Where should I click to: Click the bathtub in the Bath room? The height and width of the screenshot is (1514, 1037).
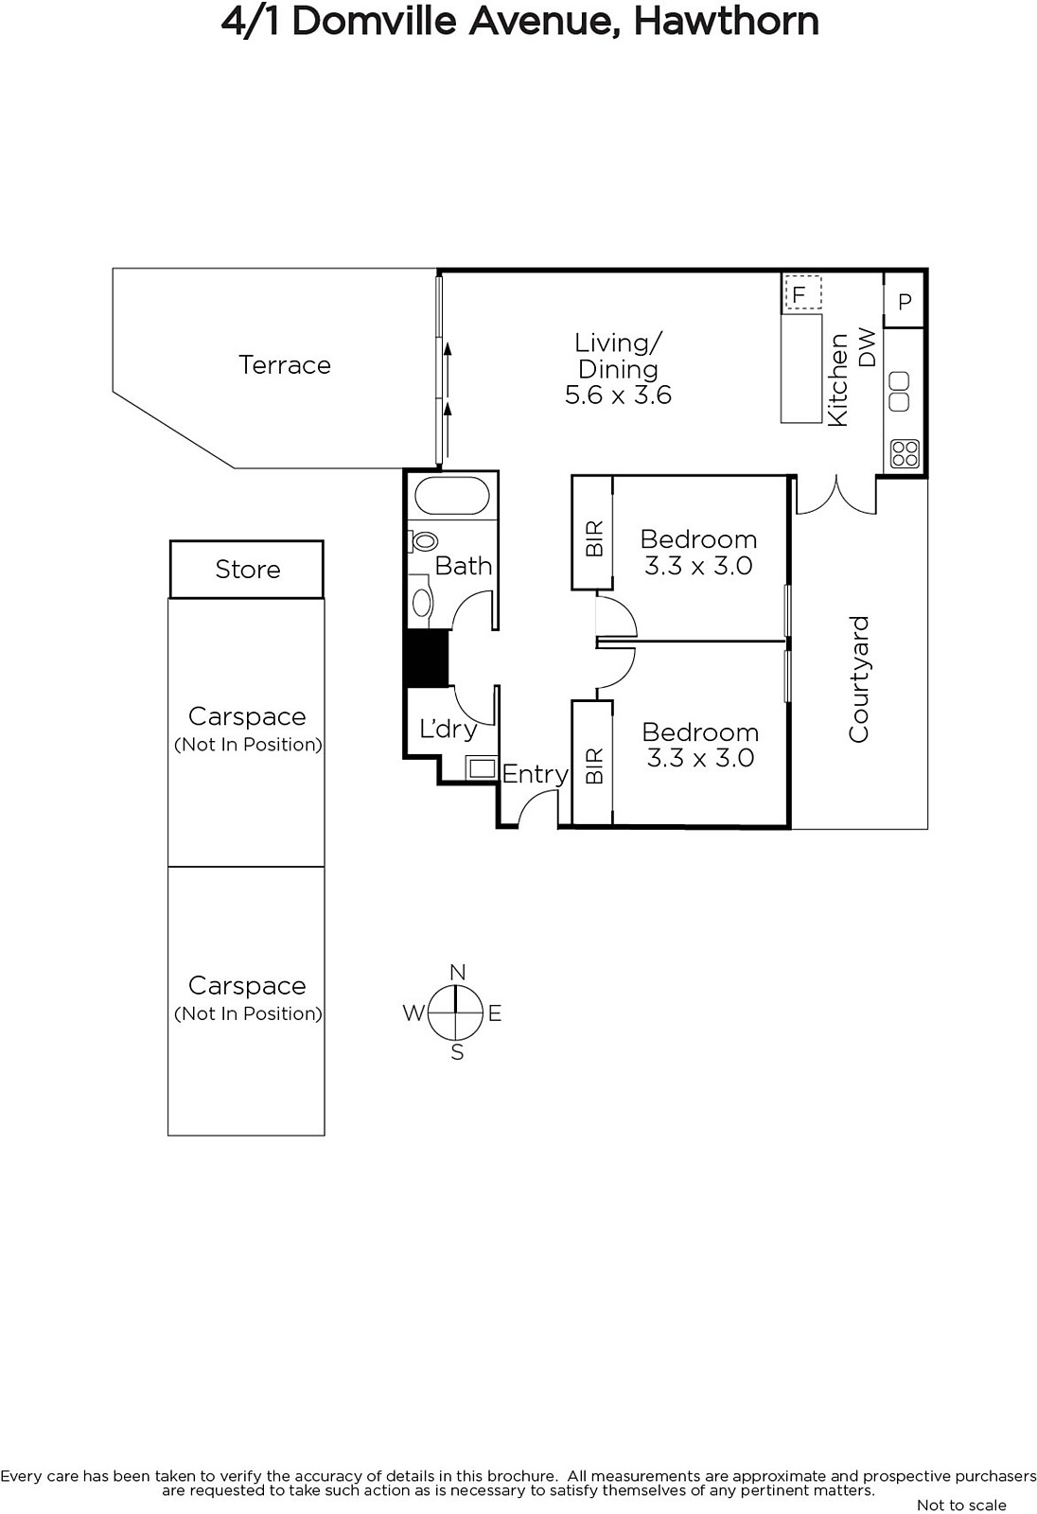point(451,496)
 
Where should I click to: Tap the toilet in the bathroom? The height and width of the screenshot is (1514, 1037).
point(423,540)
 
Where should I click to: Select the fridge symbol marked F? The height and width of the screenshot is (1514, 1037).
point(802,292)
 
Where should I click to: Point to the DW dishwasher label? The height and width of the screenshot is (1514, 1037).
point(868,347)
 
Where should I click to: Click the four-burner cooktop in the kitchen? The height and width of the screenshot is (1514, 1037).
point(905,453)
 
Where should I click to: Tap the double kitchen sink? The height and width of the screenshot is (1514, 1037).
point(899,392)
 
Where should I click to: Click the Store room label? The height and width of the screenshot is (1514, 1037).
point(247,569)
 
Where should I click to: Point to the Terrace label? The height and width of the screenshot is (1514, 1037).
point(285,365)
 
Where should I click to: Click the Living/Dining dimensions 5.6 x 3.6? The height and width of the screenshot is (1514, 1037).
point(618,396)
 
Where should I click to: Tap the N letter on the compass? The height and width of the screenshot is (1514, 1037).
point(458,972)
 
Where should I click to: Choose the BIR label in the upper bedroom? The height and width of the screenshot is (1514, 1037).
point(593,538)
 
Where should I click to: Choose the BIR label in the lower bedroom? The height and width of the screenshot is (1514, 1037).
point(593,766)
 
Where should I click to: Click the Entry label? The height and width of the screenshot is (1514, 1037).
point(535,775)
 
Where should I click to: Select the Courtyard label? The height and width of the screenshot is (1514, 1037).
point(858,679)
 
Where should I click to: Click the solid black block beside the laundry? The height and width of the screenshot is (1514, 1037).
point(427,659)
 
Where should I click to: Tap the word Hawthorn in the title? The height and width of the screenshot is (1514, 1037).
point(726,23)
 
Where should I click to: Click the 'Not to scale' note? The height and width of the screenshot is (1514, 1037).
point(961,1505)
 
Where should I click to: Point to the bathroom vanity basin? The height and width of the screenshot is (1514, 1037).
point(422,602)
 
